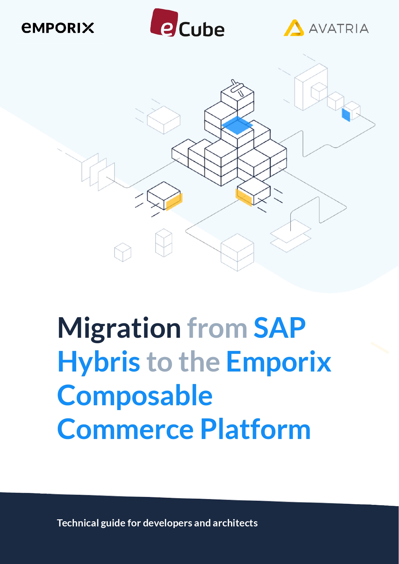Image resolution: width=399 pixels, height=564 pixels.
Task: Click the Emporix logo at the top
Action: click(58, 28)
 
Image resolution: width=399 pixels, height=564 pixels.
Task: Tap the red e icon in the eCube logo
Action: click(164, 22)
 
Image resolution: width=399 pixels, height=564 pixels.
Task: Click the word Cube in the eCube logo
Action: click(201, 30)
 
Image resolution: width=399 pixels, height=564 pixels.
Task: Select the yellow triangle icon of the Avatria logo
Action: click(294, 28)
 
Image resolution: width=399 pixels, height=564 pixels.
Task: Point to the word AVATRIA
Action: click(339, 29)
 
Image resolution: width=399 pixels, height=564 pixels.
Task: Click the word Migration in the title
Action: click(119, 328)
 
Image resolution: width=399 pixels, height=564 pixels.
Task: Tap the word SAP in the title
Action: click(279, 328)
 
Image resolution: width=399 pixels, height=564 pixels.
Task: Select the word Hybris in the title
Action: click(99, 362)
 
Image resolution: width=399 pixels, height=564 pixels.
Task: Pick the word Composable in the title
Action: click(135, 396)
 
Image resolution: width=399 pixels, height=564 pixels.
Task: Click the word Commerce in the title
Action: click(126, 429)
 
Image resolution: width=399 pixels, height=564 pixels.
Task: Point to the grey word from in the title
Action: click(217, 328)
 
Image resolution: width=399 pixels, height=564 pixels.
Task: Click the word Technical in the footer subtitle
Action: click(78, 523)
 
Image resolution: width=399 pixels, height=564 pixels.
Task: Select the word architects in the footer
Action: click(235, 523)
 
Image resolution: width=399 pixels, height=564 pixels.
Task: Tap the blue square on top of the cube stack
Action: click(237, 125)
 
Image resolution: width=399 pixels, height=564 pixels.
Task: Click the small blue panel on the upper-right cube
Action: click(346, 115)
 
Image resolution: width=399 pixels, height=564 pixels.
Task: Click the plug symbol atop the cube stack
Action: click(237, 87)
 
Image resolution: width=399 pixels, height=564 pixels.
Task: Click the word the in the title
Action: click(199, 362)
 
